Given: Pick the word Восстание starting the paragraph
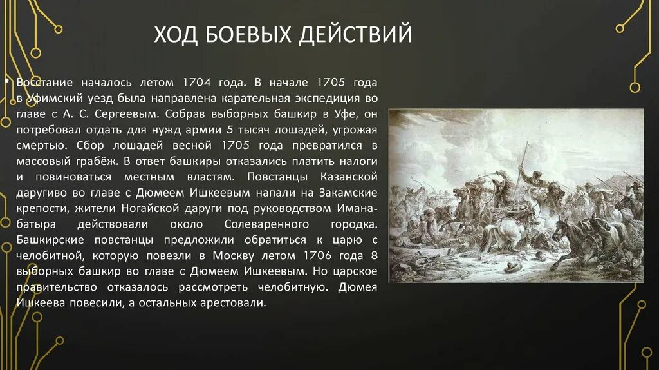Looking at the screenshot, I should [x=44, y=84].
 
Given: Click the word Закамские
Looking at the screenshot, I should [x=351, y=193].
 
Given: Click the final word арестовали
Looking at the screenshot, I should [x=228, y=302].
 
